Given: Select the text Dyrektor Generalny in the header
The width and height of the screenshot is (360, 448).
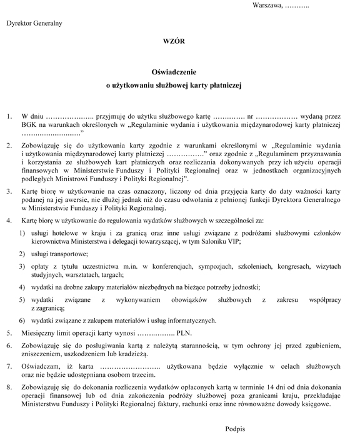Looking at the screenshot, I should point(34,23).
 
